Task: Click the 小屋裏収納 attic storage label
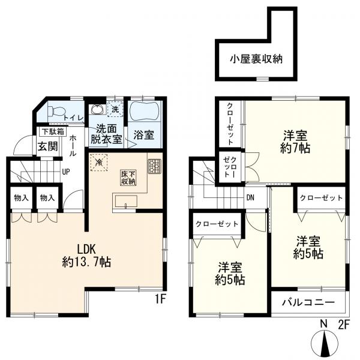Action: [255, 59]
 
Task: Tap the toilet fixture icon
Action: [56, 111]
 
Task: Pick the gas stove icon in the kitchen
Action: [154, 166]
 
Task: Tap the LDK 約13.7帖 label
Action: [89, 254]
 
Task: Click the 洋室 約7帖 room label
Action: [296, 141]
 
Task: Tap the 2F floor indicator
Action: [343, 325]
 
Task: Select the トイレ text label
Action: [73, 119]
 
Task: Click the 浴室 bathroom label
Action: [142, 137]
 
